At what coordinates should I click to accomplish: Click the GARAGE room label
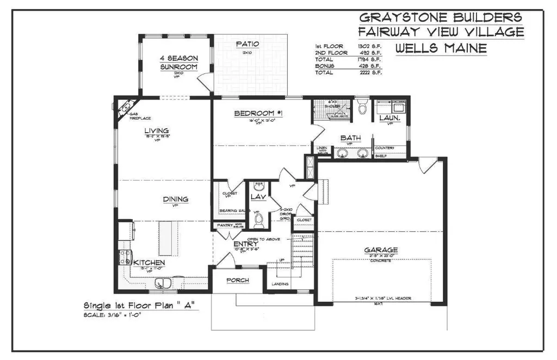point(381,250)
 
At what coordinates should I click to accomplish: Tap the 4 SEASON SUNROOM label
point(178,62)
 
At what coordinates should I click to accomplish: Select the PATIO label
point(247,44)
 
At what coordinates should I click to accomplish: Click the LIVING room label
point(156,131)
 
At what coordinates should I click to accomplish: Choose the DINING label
point(175,199)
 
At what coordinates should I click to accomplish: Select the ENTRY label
point(245,245)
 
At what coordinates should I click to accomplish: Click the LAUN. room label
point(389,117)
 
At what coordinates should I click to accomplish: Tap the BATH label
point(351,138)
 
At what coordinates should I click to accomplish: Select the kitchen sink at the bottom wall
point(163,283)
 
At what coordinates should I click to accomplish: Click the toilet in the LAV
point(259,220)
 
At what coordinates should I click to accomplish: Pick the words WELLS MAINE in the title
point(441,48)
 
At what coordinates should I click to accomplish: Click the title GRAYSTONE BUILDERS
point(441,17)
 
